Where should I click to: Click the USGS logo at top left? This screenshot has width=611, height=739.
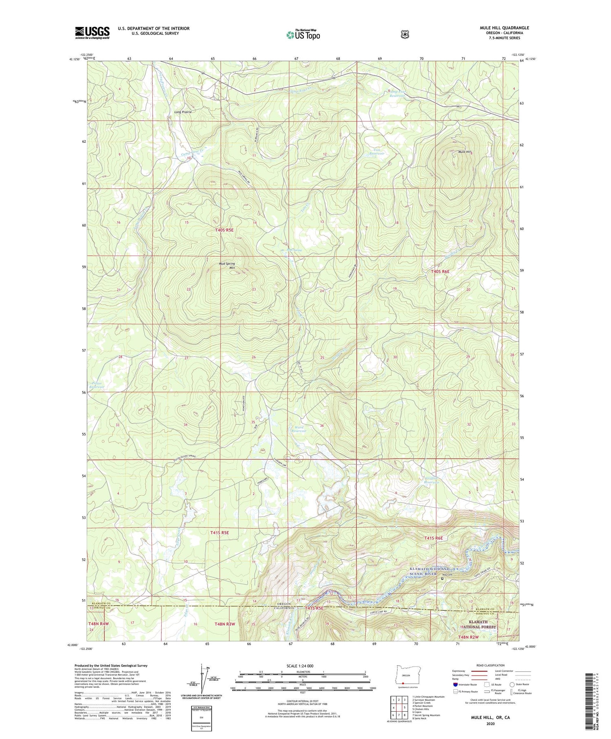(92, 33)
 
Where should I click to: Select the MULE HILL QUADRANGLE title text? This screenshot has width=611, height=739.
(504, 28)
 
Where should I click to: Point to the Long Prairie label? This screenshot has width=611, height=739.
(183, 112)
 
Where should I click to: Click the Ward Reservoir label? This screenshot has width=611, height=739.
(299, 429)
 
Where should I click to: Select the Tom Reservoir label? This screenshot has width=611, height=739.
(376, 152)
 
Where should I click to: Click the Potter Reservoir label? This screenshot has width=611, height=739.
(96, 385)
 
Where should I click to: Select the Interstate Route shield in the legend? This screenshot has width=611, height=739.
(455, 685)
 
